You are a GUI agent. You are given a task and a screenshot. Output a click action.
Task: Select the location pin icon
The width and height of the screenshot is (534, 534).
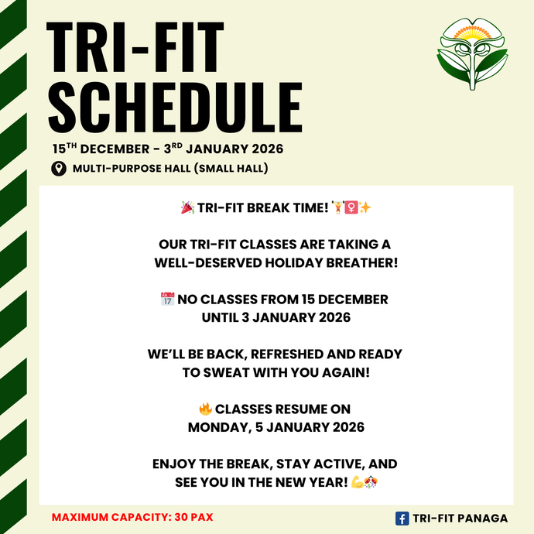[x=59, y=169]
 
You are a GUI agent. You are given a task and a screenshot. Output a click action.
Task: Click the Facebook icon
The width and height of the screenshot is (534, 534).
[x=402, y=519]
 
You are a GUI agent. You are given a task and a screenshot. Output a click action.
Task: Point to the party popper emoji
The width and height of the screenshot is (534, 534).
[x=187, y=207]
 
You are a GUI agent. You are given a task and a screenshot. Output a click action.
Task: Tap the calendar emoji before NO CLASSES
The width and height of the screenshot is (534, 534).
[x=167, y=299]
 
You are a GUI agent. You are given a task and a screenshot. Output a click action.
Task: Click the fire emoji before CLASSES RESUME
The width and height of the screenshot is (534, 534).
[x=205, y=409]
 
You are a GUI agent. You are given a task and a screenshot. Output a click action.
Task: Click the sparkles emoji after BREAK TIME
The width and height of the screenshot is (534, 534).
[x=365, y=207]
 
